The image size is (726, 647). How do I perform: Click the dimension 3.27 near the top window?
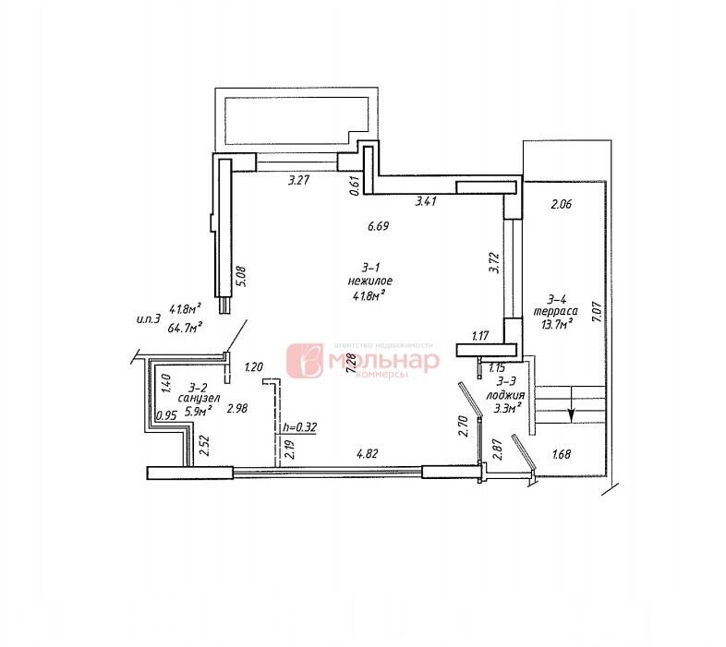297,181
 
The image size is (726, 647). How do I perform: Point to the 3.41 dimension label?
425,200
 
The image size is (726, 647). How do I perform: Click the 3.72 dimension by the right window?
493,263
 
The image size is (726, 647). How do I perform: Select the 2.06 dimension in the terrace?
562,206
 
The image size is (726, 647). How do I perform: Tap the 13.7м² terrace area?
559,326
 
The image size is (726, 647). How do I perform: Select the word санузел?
200,399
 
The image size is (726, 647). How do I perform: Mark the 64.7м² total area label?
185,326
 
